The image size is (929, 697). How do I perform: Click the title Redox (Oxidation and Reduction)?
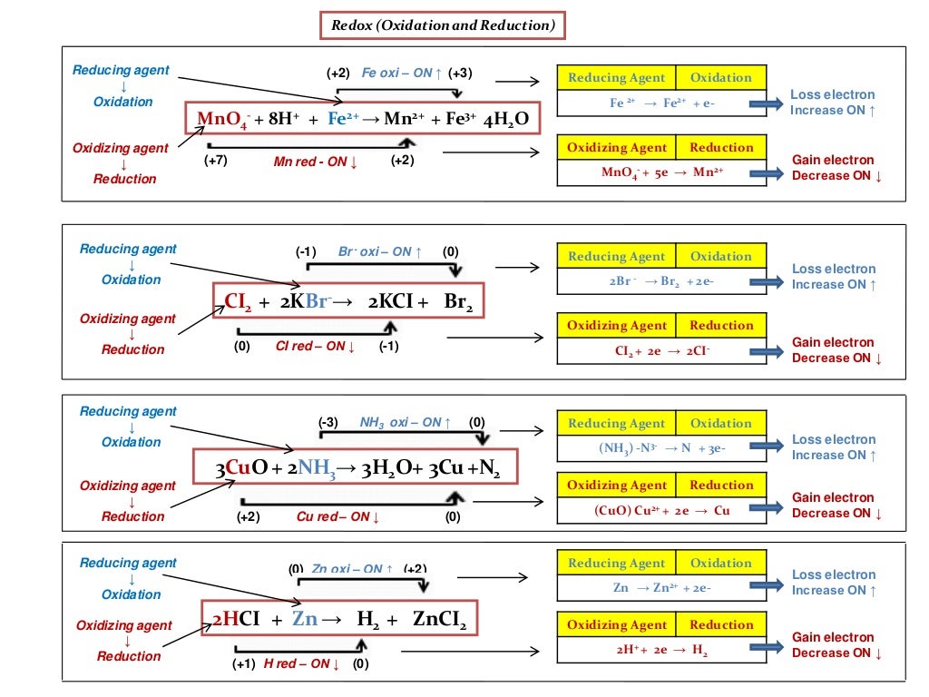click(443, 25)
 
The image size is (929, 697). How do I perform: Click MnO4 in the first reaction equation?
click(222, 119)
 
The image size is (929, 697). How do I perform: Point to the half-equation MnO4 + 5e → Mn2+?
click(661, 172)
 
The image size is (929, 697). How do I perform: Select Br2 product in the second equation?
click(458, 302)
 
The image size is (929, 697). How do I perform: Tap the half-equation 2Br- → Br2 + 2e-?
click(661, 281)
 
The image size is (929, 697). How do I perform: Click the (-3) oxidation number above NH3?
click(328, 422)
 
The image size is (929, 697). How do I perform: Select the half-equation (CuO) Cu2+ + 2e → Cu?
click(661, 510)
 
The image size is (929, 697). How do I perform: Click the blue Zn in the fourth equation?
click(305, 620)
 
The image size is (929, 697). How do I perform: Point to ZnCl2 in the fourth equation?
click(439, 620)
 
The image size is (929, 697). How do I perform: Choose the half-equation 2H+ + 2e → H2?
click(661, 650)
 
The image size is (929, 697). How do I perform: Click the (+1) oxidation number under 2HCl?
click(243, 663)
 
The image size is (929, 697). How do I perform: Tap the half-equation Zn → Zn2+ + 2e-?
click(661, 588)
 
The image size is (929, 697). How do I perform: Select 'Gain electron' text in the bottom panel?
click(833, 637)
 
